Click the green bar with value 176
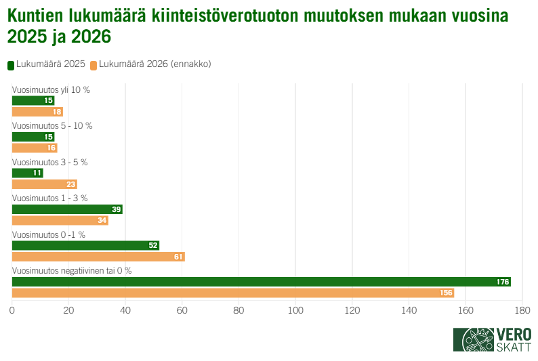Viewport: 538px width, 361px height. [x=261, y=282]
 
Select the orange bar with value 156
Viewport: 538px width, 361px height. [x=232, y=293]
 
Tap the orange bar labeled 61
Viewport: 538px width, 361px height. [x=98, y=257]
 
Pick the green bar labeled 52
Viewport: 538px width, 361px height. [x=85, y=245]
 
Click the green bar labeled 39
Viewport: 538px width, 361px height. [x=67, y=209]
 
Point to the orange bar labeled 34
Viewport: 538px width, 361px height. [x=60, y=220]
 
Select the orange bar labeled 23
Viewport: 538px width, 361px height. [x=44, y=184]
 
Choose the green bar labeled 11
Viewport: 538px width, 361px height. [x=27, y=173]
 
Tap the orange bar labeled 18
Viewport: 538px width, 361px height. [x=37, y=112]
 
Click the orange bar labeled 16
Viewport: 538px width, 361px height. [x=35, y=148]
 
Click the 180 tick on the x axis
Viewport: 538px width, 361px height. [x=522, y=310]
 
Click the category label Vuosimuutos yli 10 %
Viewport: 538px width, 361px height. [x=51, y=89]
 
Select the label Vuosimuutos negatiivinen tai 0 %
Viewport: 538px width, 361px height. [x=72, y=270]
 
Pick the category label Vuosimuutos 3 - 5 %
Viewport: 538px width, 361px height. [x=50, y=162]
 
